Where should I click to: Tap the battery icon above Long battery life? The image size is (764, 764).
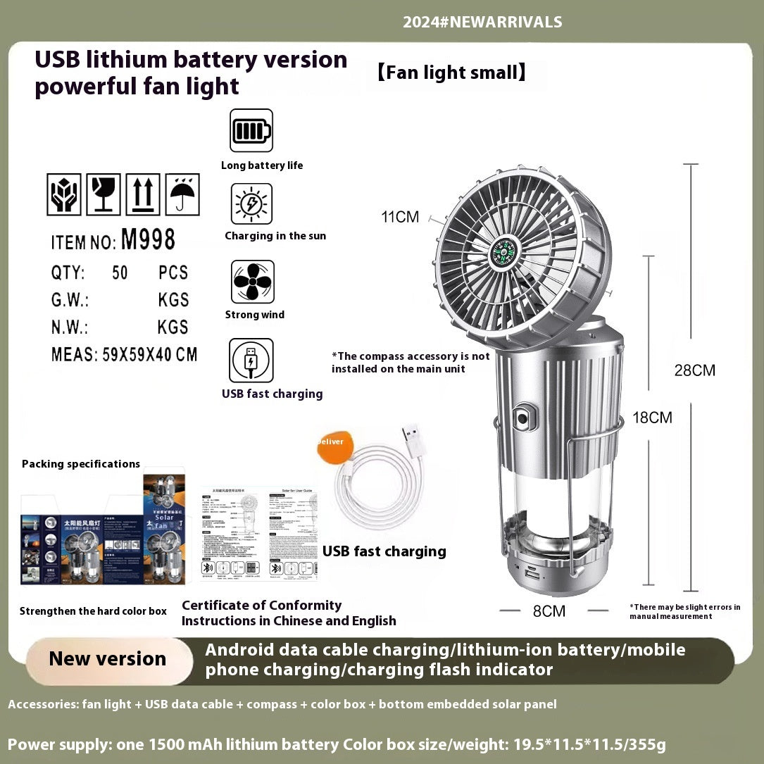pyautogui.click(x=251, y=131)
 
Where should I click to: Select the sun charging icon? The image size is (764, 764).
pyautogui.click(x=251, y=204)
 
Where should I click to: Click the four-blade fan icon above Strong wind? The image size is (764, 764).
pyautogui.click(x=252, y=282)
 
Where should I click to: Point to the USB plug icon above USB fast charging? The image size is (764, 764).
pyautogui.click(x=251, y=361)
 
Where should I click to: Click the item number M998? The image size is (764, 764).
pyautogui.click(x=148, y=240)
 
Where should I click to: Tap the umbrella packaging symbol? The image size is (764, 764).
pyautogui.click(x=182, y=194)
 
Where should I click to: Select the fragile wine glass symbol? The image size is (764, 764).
pyautogui.click(x=104, y=194)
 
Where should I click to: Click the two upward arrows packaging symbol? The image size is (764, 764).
pyautogui.click(x=143, y=194)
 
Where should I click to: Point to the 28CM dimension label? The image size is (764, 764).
pyautogui.click(x=694, y=370)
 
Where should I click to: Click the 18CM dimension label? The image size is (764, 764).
pyautogui.click(x=652, y=418)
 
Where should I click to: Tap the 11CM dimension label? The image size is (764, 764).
pyautogui.click(x=400, y=217)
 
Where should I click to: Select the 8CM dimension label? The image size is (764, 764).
pyautogui.click(x=549, y=611)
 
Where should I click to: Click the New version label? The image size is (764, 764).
pyautogui.click(x=108, y=659)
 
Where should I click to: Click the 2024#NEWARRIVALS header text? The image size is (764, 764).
pyautogui.click(x=482, y=22)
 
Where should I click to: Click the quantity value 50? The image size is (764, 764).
pyautogui.click(x=120, y=273)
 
